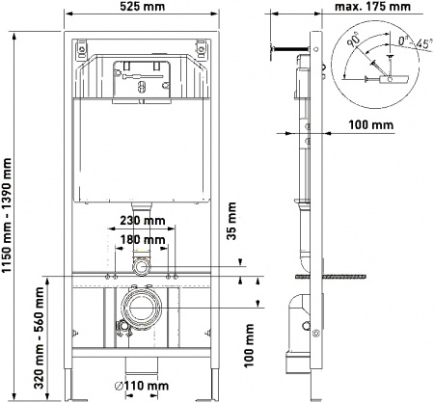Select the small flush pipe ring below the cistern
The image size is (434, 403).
tap(142, 263)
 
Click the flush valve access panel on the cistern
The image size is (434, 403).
tap(142, 76)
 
